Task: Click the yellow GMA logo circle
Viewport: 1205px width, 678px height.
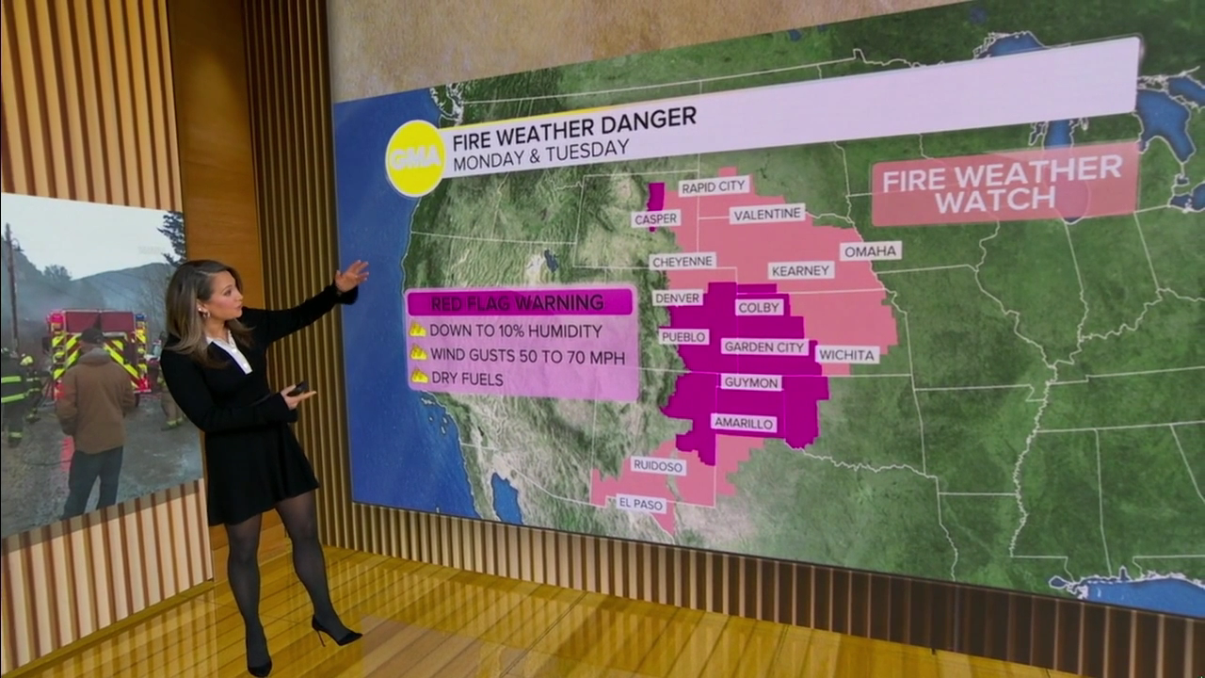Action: tap(415, 158)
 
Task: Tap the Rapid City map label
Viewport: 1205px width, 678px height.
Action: tap(714, 186)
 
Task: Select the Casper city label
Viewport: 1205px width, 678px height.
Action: tap(656, 218)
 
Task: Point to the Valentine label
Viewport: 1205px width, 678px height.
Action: tap(767, 214)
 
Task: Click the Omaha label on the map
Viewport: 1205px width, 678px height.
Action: tap(871, 251)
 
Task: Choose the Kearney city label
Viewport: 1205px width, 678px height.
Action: tap(801, 270)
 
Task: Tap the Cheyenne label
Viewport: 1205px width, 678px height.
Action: tap(683, 261)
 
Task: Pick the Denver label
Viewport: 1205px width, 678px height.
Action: tap(678, 298)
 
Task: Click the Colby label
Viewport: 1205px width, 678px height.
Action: tap(759, 307)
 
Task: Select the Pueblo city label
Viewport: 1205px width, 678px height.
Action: tap(683, 336)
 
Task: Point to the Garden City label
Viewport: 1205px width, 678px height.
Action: tap(765, 347)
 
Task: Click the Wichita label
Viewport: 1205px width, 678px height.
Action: tap(846, 355)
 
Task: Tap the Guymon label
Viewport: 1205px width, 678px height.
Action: tap(750, 382)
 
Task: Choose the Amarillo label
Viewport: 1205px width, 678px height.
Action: tap(744, 424)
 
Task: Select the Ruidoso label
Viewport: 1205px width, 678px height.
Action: tap(658, 465)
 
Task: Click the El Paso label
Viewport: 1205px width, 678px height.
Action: tap(641, 504)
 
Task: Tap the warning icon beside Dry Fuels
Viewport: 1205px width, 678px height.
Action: tap(417, 377)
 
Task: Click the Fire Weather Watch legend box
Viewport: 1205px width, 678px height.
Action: tap(1004, 184)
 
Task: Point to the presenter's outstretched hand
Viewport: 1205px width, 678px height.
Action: tap(350, 276)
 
